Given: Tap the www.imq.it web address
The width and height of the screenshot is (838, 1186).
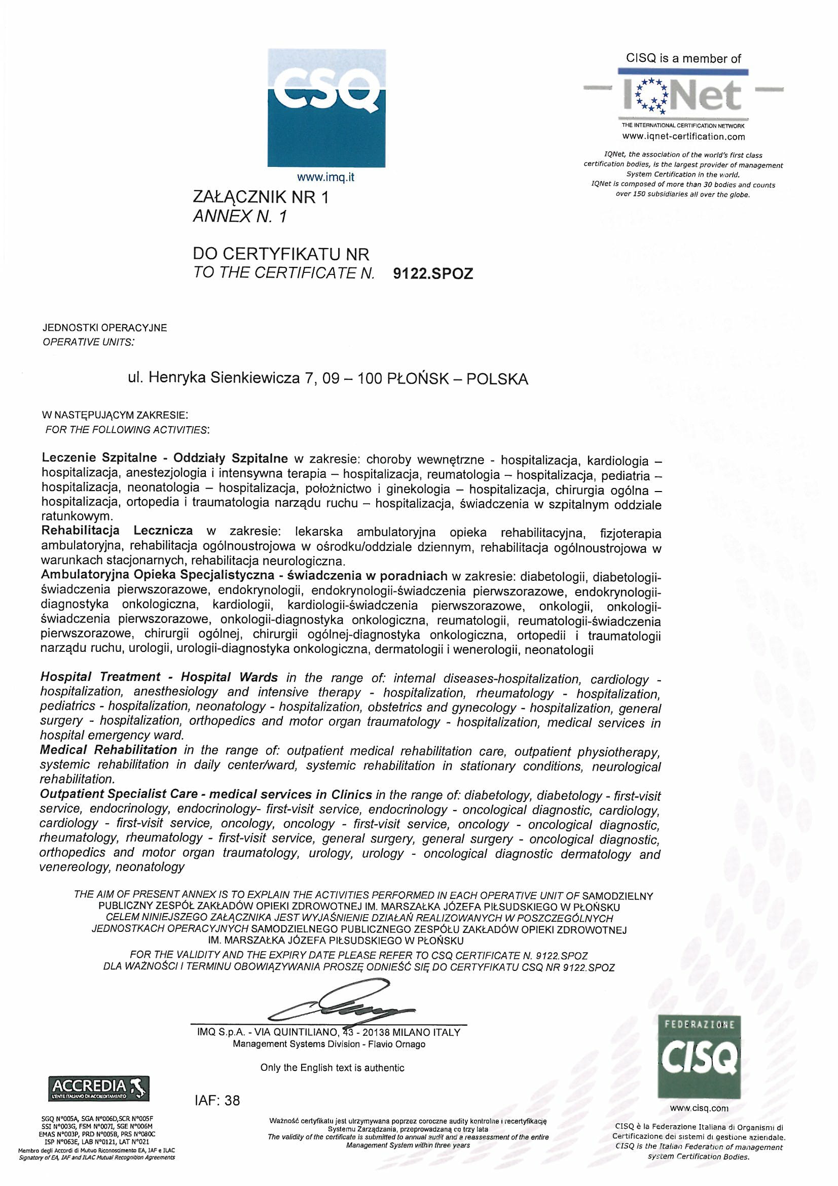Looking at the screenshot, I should [326, 178].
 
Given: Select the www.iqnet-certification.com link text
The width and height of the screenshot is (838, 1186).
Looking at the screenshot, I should [683, 136].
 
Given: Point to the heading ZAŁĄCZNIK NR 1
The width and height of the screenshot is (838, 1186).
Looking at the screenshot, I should [260, 197].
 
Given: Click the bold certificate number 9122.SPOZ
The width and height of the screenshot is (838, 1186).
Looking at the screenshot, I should [432, 273].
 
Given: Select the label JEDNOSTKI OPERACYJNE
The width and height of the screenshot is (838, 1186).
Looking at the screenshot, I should [105, 328].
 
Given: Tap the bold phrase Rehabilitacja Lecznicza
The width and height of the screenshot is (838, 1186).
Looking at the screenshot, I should [117, 531].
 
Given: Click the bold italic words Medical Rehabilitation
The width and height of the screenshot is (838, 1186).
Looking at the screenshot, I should [108, 750].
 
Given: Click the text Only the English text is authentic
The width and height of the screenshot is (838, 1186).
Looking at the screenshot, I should [332, 1067].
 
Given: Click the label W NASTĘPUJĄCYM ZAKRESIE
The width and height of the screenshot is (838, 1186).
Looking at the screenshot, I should [115, 415].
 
